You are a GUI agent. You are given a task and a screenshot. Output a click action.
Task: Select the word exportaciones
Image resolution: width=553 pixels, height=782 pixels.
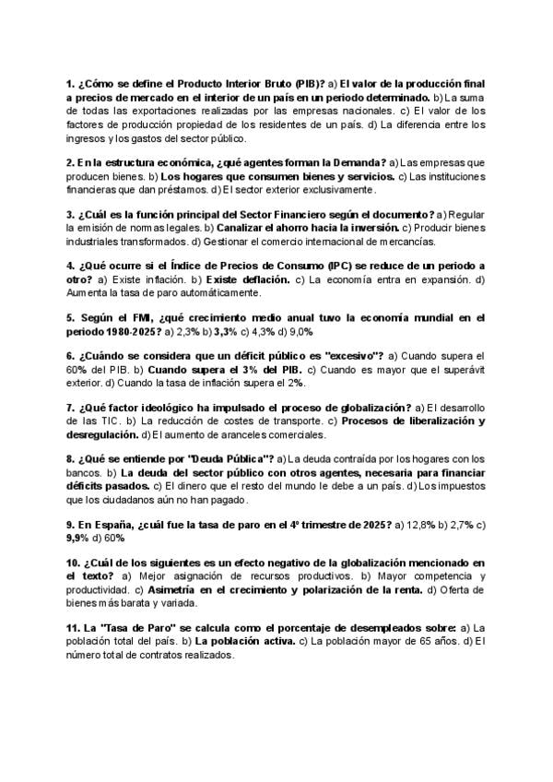146,110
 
